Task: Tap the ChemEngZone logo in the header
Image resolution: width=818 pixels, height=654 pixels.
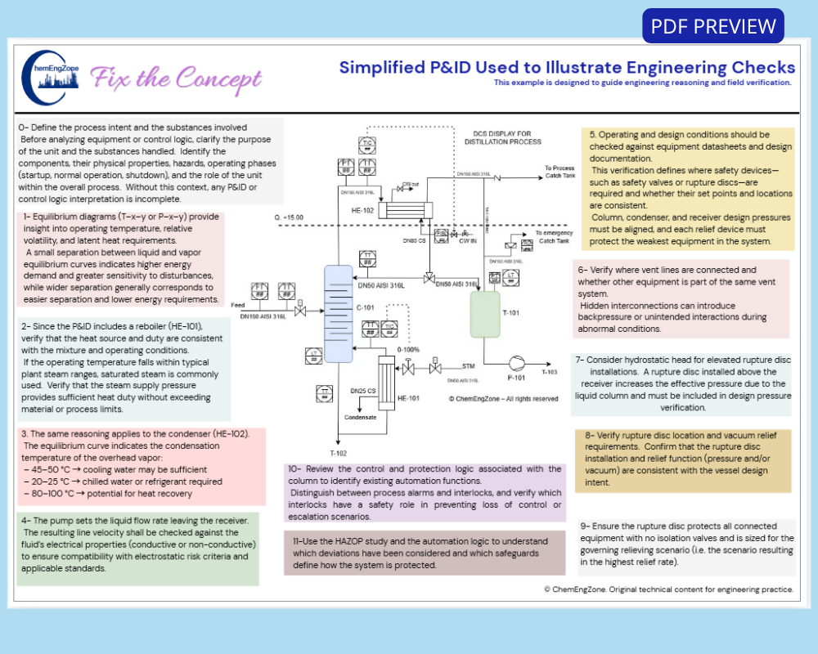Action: pyautogui.click(x=51, y=78)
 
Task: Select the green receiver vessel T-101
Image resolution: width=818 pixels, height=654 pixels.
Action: pyautogui.click(x=484, y=314)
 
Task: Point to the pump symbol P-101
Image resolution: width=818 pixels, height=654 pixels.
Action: pyautogui.click(x=518, y=362)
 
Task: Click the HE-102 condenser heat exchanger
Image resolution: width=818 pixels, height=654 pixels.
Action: pyautogui.click(x=406, y=210)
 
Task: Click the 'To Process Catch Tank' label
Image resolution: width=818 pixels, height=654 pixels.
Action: pyautogui.click(x=560, y=172)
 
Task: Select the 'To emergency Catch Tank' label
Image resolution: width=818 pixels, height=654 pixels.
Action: pyautogui.click(x=556, y=236)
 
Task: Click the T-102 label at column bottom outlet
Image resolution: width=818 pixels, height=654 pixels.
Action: pyautogui.click(x=338, y=452)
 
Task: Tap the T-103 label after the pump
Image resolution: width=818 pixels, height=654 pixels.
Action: pyautogui.click(x=550, y=372)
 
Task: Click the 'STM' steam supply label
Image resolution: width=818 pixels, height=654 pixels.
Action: pyautogui.click(x=468, y=367)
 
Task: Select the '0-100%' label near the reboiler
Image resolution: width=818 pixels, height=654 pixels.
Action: pyautogui.click(x=408, y=349)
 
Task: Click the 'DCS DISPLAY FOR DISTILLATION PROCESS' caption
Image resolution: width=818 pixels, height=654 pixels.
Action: pyautogui.click(x=502, y=137)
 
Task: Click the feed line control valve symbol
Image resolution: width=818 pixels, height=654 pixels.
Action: pyautogui.click(x=301, y=311)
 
